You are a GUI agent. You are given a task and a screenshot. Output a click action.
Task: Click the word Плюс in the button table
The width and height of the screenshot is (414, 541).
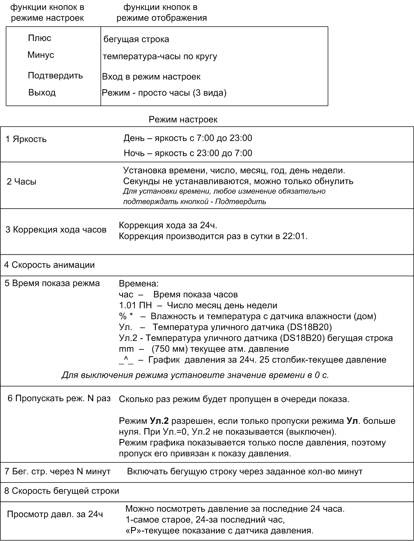[x=39, y=38]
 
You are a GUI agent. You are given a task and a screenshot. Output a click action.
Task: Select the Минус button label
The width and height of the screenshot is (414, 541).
[x=41, y=55]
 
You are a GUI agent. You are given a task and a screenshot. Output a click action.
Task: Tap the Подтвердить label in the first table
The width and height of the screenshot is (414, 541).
[x=55, y=75]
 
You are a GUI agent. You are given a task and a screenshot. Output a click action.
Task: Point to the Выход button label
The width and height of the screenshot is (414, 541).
[x=42, y=93]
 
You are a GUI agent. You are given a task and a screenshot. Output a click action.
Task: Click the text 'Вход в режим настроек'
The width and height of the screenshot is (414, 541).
[x=151, y=77]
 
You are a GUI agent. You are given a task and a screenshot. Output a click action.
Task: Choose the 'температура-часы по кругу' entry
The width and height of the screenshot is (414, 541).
[x=160, y=57]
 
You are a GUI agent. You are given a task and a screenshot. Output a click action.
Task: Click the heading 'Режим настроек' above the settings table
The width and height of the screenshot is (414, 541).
[x=183, y=120]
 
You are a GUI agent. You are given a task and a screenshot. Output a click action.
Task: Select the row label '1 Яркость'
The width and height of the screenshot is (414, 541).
[x=26, y=139]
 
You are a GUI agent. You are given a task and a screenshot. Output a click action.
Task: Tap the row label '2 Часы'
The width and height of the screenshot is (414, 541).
[x=22, y=182]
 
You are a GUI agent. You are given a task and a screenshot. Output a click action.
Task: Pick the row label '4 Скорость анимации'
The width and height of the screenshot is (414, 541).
[x=49, y=265]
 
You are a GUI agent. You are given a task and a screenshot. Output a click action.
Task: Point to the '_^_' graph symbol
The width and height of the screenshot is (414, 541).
[x=126, y=360]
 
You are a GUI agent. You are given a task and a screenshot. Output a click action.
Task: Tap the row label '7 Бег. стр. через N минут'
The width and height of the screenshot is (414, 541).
[x=57, y=471]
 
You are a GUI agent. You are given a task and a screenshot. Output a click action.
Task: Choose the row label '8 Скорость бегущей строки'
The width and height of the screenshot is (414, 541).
[x=62, y=491]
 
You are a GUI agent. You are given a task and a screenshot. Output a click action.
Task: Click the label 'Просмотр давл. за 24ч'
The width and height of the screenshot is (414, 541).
[x=55, y=514]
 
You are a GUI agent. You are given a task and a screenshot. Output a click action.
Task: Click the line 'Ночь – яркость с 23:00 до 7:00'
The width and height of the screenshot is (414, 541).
[x=188, y=153]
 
